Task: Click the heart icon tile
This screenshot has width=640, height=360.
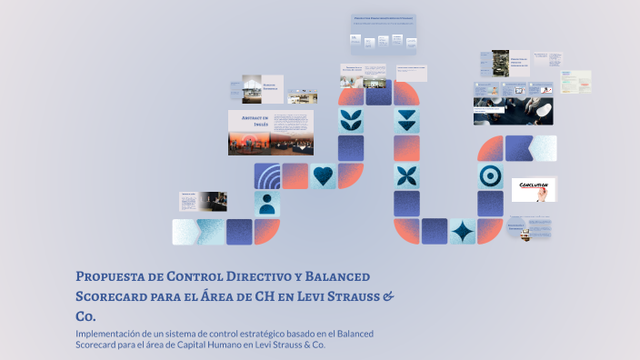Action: point(323,175)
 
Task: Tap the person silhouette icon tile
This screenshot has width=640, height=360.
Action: point(267,203)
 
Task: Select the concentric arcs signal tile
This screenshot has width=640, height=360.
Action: point(267,175)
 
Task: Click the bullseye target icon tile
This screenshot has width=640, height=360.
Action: point(491,175)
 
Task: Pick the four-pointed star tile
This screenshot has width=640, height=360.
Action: point(463,231)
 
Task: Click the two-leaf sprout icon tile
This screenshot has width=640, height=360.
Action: point(351,120)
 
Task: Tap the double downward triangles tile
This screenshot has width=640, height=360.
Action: point(406,120)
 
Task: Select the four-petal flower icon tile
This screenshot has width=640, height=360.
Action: point(406,175)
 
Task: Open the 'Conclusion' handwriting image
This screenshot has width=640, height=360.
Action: point(534,189)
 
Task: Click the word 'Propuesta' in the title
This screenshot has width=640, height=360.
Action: point(110,275)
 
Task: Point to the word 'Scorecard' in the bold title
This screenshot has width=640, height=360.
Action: point(110,296)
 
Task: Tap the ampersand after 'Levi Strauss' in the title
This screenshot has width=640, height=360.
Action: point(388,296)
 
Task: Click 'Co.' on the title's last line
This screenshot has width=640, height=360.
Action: point(85,316)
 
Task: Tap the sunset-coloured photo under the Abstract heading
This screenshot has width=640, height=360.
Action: point(271,143)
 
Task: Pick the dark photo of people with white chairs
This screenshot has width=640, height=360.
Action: point(513,111)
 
